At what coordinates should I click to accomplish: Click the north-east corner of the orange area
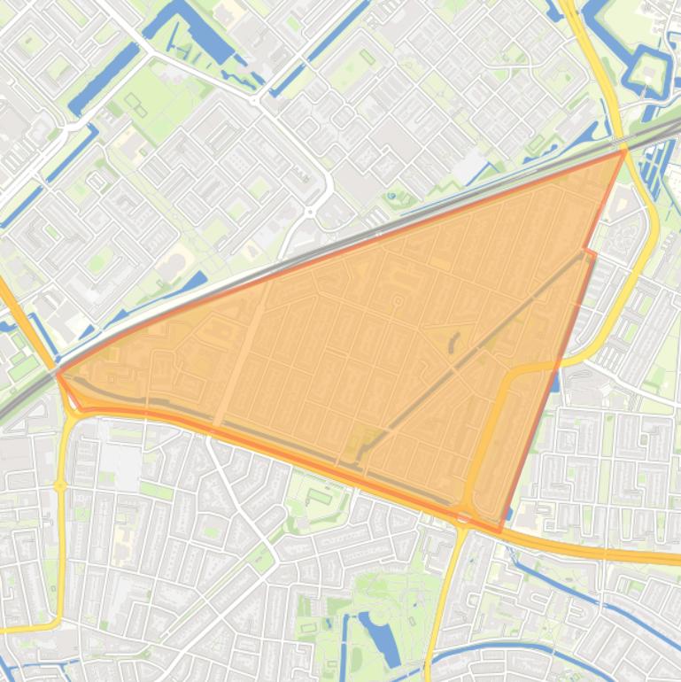pyautogui.click(x=624, y=151)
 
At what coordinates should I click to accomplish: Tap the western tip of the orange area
pyautogui.click(x=58, y=374)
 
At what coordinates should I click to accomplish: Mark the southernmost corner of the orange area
pyautogui.click(x=501, y=531)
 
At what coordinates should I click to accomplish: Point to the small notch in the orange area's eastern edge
pyautogui.click(x=591, y=254)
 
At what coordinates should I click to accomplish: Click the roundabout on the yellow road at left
pyautogui.click(x=60, y=486)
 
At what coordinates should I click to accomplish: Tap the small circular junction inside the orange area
pyautogui.click(x=398, y=302)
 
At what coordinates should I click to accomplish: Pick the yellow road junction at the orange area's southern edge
pyautogui.click(x=464, y=516)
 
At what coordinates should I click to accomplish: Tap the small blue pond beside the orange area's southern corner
pyautogui.click(x=555, y=382)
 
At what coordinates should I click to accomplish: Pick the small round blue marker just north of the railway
pyautogui.click(x=391, y=197)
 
